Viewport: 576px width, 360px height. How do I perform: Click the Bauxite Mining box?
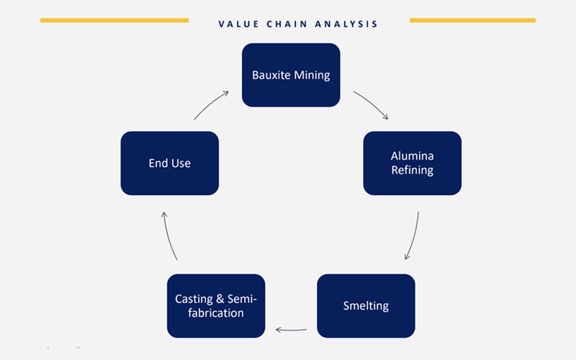pyautogui.click(x=291, y=75)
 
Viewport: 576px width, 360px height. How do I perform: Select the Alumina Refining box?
pyautogui.click(x=412, y=163)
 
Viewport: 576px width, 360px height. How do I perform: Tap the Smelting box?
pyautogui.click(x=366, y=305)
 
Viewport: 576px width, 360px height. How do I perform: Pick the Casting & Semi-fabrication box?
pyautogui.click(x=216, y=305)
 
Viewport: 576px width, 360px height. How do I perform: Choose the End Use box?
pyautogui.click(x=170, y=163)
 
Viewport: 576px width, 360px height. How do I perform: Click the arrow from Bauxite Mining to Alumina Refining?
pyautogui.click(x=372, y=103)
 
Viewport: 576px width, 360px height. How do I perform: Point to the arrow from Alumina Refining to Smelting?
pyautogui.click(x=414, y=236)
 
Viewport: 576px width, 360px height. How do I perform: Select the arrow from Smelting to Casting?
pyautogui.click(x=291, y=330)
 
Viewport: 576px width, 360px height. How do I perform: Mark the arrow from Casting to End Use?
pyautogui.click(x=168, y=236)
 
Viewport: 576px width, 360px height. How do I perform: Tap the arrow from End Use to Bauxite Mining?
pyautogui.click(x=210, y=104)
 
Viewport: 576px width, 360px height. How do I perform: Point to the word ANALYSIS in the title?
pyautogui.click(x=346, y=24)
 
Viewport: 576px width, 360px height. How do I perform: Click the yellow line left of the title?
pyautogui.click(x=114, y=21)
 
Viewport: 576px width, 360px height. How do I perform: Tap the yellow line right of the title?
pyautogui.click(x=472, y=21)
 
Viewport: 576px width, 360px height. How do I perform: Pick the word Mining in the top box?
pyautogui.click(x=312, y=76)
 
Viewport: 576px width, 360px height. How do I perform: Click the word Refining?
pyautogui.click(x=412, y=170)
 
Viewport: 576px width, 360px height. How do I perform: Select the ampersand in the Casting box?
pyautogui.click(x=220, y=299)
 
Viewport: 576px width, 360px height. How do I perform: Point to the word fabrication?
pyautogui.click(x=216, y=313)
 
